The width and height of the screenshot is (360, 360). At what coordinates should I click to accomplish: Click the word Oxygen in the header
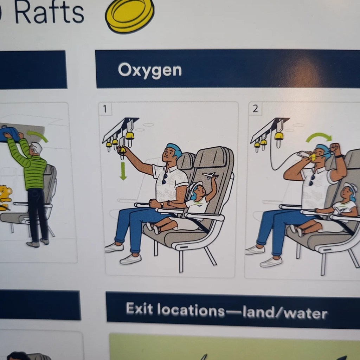click(150, 70)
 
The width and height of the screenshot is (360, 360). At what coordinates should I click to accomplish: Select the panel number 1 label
click(105, 109)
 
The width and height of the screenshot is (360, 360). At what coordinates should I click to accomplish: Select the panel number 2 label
click(255, 109)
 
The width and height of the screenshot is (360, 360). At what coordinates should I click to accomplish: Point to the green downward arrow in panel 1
click(123, 171)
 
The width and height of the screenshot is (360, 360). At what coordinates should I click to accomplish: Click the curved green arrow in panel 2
click(319, 137)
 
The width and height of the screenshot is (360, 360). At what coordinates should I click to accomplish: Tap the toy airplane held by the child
click(210, 176)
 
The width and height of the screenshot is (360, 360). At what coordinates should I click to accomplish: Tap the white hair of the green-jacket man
click(37, 148)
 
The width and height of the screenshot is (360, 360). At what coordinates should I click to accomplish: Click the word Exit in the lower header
click(139, 308)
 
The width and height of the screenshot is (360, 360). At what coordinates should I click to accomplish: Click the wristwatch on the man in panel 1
click(162, 204)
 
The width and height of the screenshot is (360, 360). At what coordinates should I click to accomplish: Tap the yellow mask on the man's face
click(313, 157)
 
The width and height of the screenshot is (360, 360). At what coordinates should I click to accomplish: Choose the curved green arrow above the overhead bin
click(37, 136)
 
